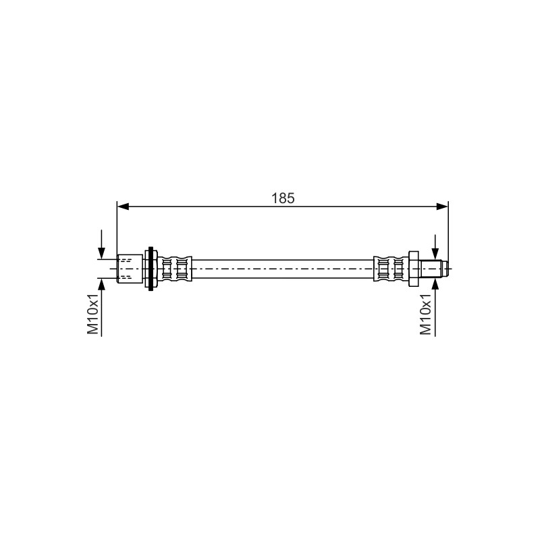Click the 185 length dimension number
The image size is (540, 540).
(x=283, y=198)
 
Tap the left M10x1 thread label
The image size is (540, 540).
(x=93, y=314)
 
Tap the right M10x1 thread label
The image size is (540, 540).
(x=426, y=314)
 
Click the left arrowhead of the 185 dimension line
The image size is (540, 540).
(x=123, y=207)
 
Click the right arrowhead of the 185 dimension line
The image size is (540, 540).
(x=442, y=207)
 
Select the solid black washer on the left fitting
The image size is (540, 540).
(x=151, y=269)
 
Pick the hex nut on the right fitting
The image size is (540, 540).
(x=413, y=269)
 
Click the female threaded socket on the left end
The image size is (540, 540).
(x=130, y=269)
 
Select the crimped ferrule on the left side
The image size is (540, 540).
(x=175, y=269)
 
